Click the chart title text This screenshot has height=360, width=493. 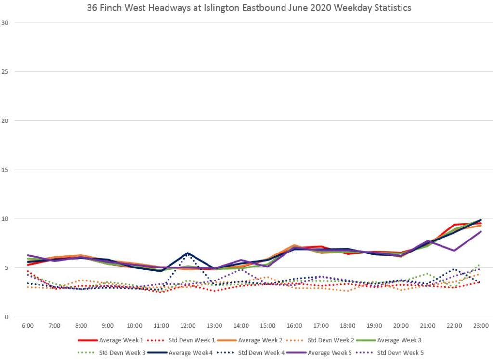click(249, 8)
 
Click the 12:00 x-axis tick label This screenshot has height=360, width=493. click(188, 326)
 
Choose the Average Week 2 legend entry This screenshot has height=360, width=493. click(259, 341)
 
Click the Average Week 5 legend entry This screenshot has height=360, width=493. click(332, 353)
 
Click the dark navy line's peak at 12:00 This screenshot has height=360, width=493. click(188, 253)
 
